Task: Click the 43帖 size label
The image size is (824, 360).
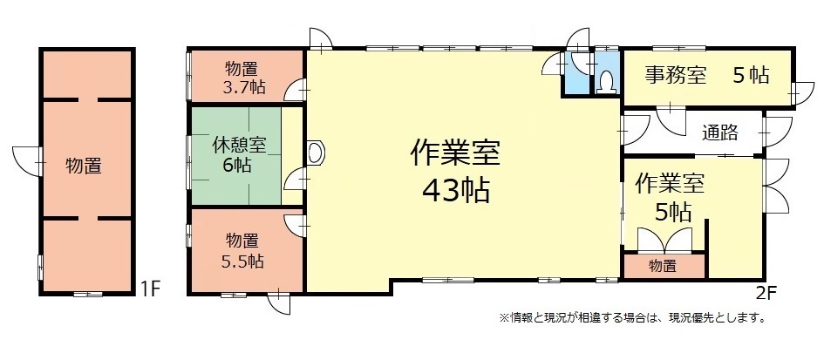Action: (x=456, y=190)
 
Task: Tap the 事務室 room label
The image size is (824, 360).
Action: (x=676, y=75)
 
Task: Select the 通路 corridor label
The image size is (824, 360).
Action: (x=720, y=132)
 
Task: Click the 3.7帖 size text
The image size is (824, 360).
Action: (x=243, y=86)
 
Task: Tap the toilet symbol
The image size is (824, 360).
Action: (x=607, y=81)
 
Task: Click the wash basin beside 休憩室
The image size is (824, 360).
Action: (x=315, y=153)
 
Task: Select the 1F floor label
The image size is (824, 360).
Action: (x=149, y=289)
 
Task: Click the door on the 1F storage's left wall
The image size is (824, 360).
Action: (x=27, y=161)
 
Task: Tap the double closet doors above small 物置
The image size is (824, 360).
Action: (x=664, y=241)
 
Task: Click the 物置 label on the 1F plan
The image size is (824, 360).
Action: (x=84, y=166)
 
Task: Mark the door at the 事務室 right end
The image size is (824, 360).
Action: (x=801, y=93)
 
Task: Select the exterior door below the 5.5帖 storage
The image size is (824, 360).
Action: (x=278, y=302)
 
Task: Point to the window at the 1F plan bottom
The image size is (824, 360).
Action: (x=88, y=294)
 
